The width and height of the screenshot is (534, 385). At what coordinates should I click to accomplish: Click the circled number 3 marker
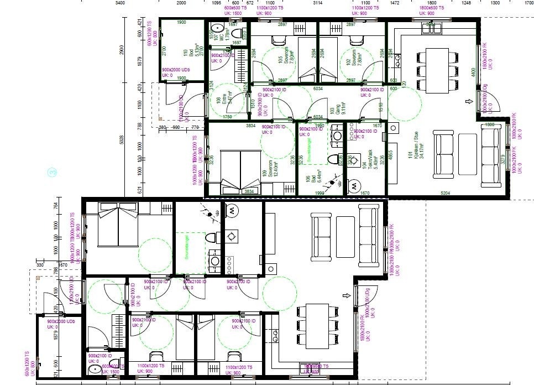(x=53, y=173)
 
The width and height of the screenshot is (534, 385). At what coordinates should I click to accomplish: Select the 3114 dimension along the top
(x=317, y=3)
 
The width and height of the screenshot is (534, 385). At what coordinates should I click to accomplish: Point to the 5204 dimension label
(x=445, y=192)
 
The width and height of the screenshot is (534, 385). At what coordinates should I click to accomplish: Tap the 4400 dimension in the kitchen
(x=473, y=72)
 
